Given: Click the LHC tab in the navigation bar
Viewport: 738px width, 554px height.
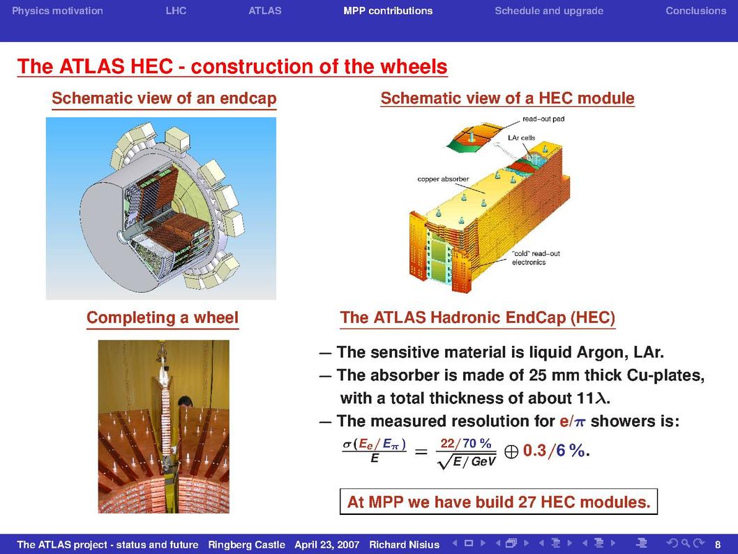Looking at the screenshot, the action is (176, 11).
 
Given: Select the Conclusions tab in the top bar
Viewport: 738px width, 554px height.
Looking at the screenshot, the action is (695, 11).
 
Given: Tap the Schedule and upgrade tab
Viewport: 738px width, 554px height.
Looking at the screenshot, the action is (549, 11).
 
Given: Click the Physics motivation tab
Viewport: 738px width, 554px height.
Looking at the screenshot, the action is (57, 11).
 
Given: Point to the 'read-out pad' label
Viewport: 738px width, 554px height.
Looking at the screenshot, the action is (543, 119).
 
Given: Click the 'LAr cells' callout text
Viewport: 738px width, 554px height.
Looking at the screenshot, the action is (522, 138).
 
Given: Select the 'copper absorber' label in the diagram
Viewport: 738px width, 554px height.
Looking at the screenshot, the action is (443, 179).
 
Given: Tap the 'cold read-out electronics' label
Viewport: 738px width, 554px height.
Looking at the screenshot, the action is (536, 258).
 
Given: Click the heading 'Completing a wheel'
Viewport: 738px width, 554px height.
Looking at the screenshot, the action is (163, 317).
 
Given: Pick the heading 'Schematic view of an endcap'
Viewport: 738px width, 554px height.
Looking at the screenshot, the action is (164, 98).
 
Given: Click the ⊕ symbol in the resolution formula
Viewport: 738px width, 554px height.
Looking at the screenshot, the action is (511, 452).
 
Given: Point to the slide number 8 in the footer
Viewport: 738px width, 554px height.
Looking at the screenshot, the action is (718, 545).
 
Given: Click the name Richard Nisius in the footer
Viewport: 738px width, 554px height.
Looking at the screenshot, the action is (404, 545).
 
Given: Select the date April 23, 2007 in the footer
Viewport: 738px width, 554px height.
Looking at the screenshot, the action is (326, 545).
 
